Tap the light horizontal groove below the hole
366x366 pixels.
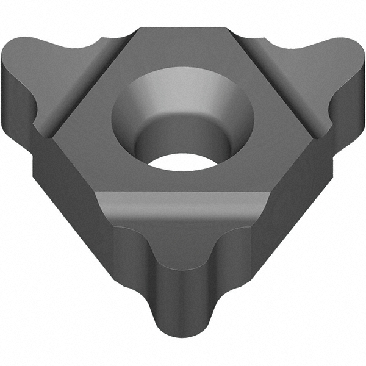pos(183,204)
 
